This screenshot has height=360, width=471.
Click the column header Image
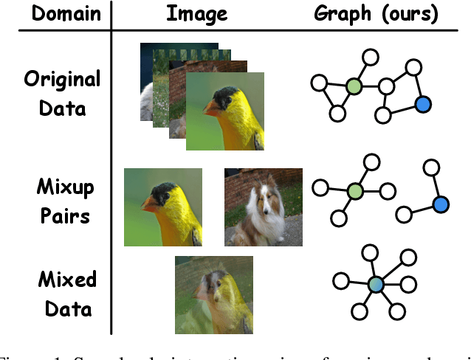point(197,14)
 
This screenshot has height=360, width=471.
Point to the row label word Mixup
point(65,187)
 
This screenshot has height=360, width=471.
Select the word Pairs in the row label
point(65,217)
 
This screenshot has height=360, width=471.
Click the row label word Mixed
point(66,280)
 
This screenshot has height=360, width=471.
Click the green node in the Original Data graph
point(354,86)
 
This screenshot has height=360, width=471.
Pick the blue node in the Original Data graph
point(422,105)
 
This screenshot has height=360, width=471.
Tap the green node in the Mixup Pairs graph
point(355,190)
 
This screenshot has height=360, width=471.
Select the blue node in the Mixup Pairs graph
point(440,204)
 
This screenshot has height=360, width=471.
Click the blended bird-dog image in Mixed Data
point(213,294)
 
